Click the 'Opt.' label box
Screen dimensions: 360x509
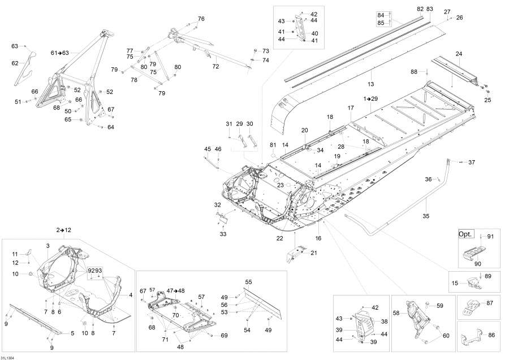[x=465, y=234]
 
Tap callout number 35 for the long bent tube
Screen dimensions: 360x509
[x=426, y=215]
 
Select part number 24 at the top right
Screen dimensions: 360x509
[x=459, y=54]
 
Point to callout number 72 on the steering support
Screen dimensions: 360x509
[x=215, y=66]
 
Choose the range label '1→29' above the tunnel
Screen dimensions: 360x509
[x=371, y=98]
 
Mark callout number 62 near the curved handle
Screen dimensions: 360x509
[x=15, y=63]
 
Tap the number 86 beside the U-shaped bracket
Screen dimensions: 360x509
[x=491, y=335]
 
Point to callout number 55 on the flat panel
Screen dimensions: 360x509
[x=248, y=282]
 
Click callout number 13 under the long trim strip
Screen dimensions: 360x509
[x=371, y=84]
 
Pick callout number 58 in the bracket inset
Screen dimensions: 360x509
[x=396, y=312]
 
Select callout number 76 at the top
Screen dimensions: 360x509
[x=201, y=19]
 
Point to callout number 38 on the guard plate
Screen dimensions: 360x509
[x=385, y=321]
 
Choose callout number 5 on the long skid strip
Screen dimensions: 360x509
[x=72, y=333]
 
